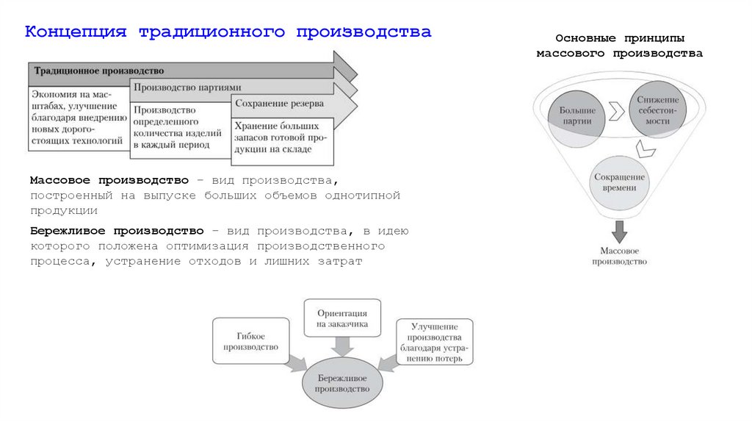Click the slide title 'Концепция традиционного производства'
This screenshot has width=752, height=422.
pyautogui.click(x=228, y=32)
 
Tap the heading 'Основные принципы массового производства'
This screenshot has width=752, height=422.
pyautogui.click(x=619, y=46)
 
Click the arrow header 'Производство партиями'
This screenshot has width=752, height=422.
pyautogui.click(x=187, y=88)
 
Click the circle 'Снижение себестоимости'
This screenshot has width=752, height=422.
pyautogui.click(x=658, y=110)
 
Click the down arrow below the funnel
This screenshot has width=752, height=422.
pyautogui.click(x=620, y=232)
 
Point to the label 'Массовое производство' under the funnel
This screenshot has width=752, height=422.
pyautogui.click(x=620, y=255)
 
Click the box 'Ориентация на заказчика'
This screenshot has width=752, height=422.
pyautogui.click(x=342, y=318)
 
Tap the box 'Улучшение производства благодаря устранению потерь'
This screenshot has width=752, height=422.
pyautogui.click(x=435, y=342)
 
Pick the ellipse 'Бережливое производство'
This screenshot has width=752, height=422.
pyautogui.click(x=342, y=382)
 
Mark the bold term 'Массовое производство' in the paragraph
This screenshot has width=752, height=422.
pyautogui.click(x=109, y=180)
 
